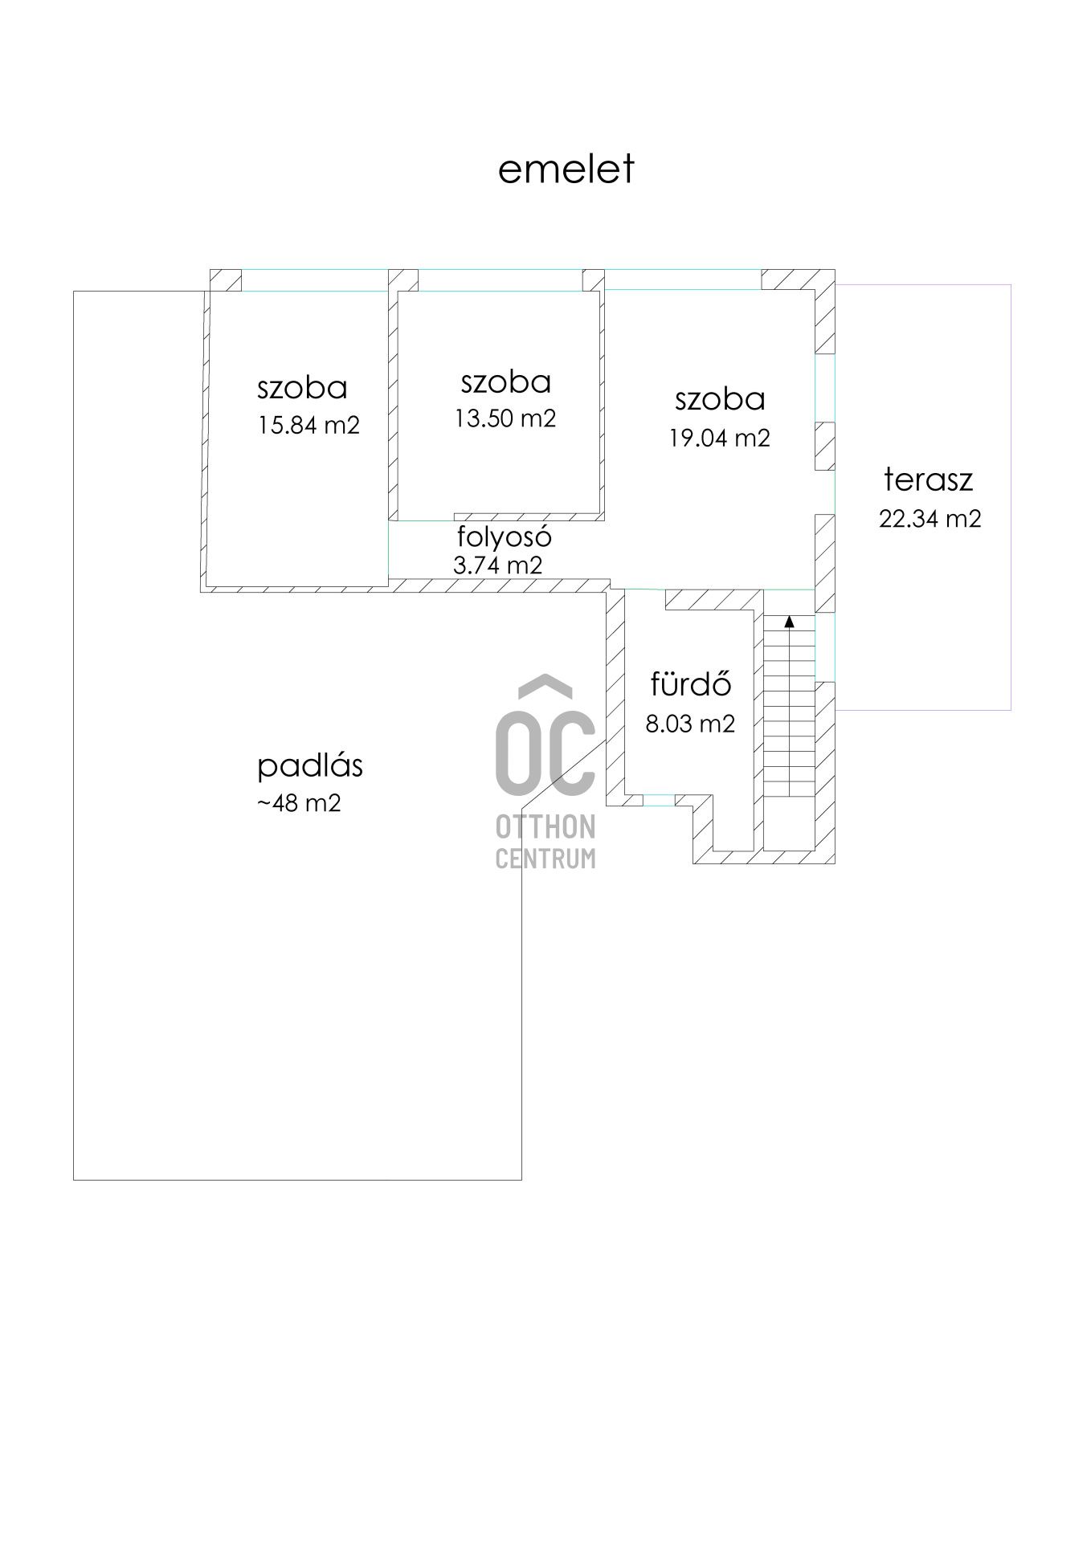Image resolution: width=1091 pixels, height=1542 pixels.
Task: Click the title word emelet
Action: point(566,169)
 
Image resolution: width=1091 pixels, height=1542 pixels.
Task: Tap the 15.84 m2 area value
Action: point(309,425)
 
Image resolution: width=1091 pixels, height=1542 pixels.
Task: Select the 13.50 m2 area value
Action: point(505,418)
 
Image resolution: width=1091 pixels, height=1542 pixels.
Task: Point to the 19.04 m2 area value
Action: point(720,438)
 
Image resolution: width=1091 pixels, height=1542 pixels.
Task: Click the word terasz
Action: point(929,479)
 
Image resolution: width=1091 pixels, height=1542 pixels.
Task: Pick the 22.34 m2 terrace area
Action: point(930,519)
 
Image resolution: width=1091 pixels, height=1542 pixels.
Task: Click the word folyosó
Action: point(505,536)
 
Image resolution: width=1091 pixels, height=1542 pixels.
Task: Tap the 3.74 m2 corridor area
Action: point(498,565)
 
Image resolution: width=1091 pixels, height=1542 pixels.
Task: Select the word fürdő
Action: point(691,683)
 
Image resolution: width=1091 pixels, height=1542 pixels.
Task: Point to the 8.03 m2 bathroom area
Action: point(691,724)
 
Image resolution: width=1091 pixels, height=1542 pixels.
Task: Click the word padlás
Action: point(310,765)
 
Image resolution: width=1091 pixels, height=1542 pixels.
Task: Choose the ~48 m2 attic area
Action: point(300,803)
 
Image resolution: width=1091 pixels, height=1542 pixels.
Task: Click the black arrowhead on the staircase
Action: point(789,621)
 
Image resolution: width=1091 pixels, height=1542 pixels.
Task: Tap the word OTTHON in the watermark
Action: point(545,827)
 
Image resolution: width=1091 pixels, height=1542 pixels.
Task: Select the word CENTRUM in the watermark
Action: point(545,859)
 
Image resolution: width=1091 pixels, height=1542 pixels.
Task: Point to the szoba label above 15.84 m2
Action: point(303,388)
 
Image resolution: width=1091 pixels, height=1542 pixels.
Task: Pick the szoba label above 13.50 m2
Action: point(506,382)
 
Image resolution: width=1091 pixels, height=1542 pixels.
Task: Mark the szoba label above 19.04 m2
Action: point(720,399)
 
